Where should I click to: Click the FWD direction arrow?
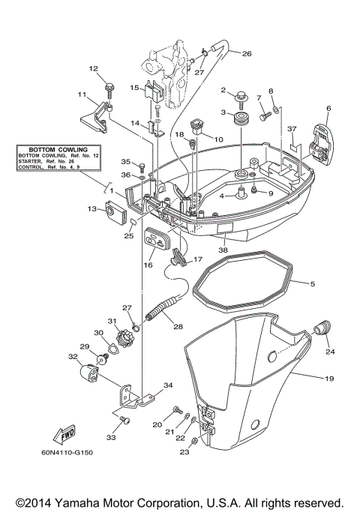pyautogui.click(x=61, y=435)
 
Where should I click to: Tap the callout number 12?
pyautogui.click(x=94, y=69)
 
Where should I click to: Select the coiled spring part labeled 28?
pyautogui.click(x=164, y=310)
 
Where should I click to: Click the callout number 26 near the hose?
pyautogui.click(x=247, y=53)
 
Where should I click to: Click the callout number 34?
pyautogui.click(x=168, y=385)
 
